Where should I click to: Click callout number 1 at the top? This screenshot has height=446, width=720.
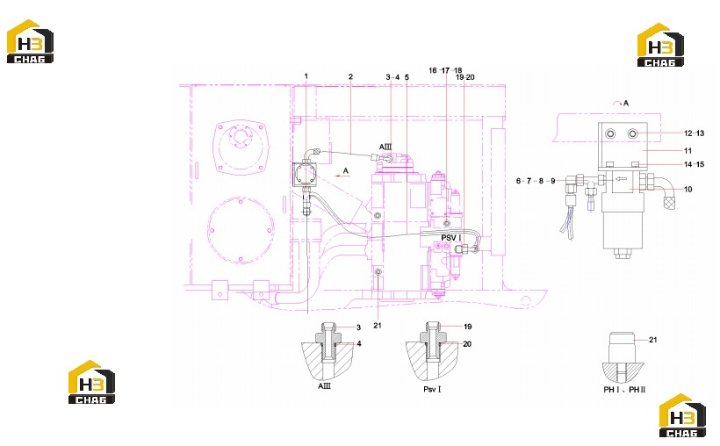(306, 76)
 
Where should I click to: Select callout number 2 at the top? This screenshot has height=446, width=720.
(351, 76)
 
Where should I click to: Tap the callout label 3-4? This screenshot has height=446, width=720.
(392, 77)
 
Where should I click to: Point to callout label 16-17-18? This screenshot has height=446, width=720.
(445, 70)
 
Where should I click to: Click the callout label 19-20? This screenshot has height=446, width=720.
(465, 77)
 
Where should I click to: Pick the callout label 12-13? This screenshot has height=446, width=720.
(694, 133)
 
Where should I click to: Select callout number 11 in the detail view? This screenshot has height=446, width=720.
(688, 151)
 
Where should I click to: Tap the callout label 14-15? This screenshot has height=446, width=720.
(694, 164)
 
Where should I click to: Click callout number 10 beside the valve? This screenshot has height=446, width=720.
(688, 190)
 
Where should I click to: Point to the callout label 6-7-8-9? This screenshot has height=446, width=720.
(536, 181)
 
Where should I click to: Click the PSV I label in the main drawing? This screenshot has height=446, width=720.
(451, 237)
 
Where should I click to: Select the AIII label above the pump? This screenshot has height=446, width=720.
(385, 147)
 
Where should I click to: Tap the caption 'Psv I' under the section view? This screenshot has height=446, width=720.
(432, 389)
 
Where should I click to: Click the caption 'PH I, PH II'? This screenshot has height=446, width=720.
(624, 390)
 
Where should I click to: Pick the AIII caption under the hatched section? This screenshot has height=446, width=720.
(324, 385)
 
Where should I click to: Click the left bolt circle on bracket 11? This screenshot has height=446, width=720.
(610, 133)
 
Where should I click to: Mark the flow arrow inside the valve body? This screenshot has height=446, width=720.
(618, 180)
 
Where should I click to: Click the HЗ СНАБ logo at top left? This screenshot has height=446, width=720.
(30, 41)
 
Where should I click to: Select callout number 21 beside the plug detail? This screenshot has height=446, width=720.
(653, 340)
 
